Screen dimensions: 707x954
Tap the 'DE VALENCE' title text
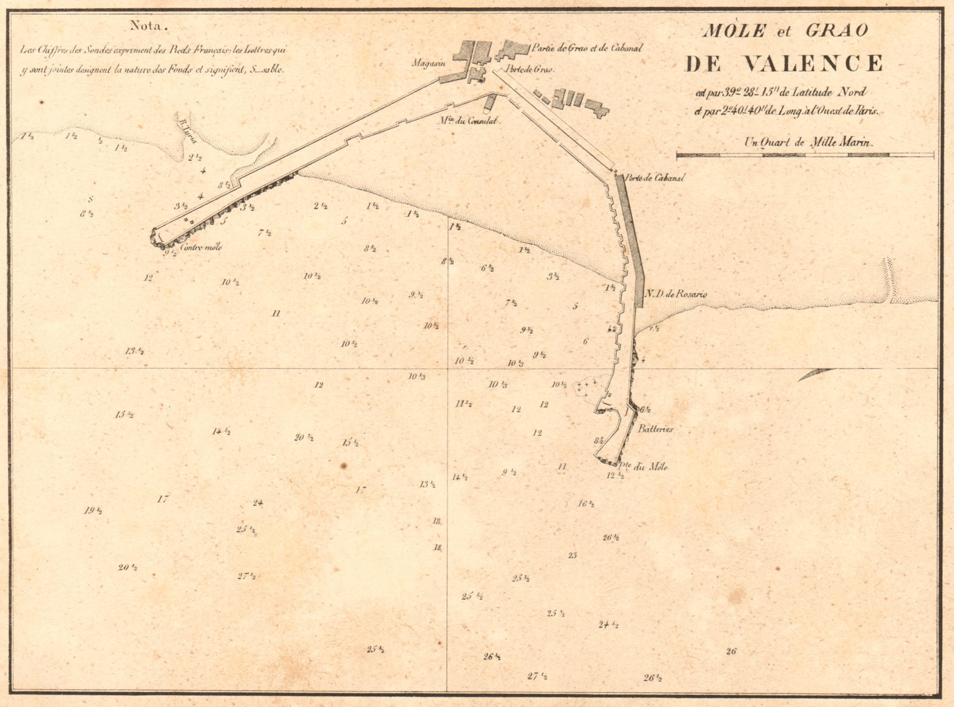coord(784,63)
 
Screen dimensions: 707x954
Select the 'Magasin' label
coord(428,63)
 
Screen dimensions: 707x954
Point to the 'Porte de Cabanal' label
coord(655,178)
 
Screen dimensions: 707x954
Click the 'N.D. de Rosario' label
coord(676,294)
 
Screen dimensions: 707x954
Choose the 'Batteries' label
coord(655,429)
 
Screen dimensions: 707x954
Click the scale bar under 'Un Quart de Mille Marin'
coord(805,156)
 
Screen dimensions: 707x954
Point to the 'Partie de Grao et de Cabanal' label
coord(587,48)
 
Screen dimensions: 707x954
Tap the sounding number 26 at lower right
coord(731,651)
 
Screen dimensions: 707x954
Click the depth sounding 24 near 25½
coord(258,503)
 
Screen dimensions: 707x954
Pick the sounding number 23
coord(572,555)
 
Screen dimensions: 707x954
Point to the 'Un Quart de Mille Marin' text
coord(808,142)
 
